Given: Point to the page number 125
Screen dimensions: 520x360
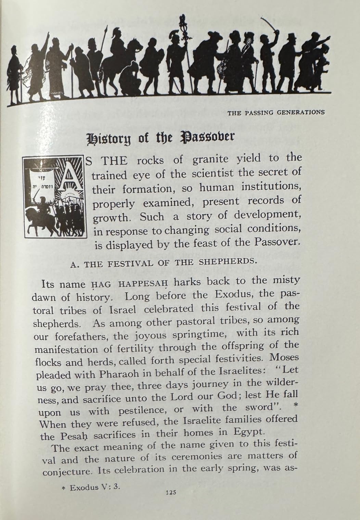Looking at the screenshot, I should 170,493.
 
